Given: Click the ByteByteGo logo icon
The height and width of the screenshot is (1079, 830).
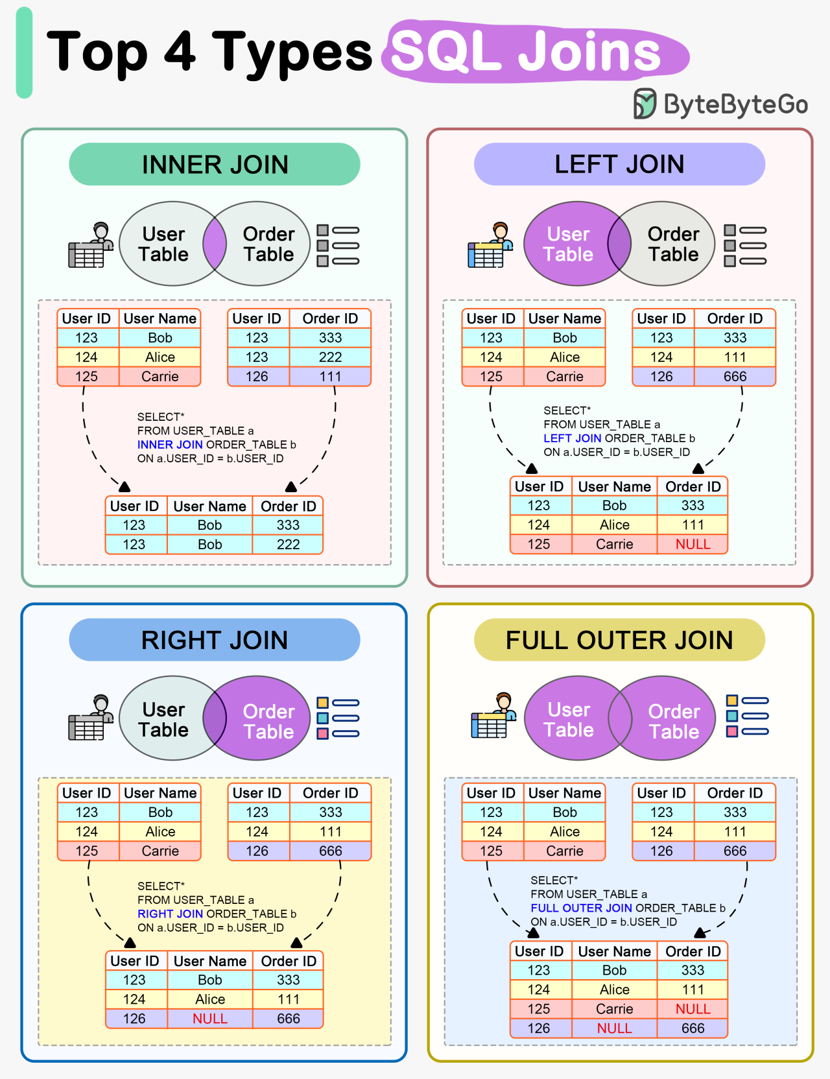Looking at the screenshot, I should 645,104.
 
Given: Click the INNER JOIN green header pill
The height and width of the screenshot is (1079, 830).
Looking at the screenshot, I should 215,164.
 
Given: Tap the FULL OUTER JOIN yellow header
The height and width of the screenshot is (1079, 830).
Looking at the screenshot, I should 619,640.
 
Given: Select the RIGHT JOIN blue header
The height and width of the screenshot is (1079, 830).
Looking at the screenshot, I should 215,640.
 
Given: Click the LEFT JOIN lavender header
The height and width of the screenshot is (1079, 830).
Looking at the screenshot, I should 619,164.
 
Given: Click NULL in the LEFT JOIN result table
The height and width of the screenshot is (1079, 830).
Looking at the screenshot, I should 693,544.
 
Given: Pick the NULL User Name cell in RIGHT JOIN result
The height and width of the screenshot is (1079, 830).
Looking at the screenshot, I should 209,1019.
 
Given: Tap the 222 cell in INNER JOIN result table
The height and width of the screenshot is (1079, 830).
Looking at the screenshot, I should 288,545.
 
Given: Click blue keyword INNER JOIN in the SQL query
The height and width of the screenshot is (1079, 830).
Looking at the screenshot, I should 170,445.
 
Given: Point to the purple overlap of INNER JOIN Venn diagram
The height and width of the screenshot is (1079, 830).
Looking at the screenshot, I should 215,244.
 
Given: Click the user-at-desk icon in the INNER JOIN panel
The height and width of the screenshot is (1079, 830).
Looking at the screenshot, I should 90,246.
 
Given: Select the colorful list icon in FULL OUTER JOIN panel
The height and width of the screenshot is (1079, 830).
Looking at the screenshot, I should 746,716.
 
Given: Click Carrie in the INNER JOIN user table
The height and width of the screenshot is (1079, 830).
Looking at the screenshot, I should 160,377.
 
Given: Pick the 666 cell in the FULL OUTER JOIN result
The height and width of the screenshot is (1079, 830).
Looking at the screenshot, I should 693,1028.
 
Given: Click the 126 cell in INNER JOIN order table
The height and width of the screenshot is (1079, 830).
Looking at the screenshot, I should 257,377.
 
